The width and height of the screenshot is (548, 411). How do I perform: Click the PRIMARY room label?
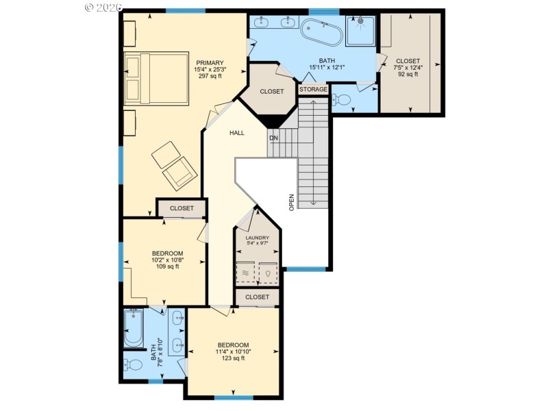coord(210,62)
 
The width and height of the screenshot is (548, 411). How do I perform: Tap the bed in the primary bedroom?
coord(155,77)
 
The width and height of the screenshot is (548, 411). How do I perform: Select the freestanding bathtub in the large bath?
coord(322,32)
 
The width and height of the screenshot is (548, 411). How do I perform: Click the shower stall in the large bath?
coord(360,31)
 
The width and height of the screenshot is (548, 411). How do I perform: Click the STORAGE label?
coord(314,90)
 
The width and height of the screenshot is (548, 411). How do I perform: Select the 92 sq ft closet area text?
coord(408,75)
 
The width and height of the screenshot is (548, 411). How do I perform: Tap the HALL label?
coord(237,133)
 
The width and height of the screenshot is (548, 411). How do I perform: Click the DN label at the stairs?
coord(273,137)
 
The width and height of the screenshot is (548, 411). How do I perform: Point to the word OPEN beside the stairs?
coord(291,201)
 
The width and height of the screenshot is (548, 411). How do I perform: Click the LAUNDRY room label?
coord(257,238)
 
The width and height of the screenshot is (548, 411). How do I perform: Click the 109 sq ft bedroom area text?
coord(164,267)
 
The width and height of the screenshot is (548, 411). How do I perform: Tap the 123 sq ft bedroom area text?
coord(233,358)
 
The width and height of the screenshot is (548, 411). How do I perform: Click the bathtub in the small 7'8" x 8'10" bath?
coord(133,328)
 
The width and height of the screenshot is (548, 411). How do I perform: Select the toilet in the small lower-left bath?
coord(133,364)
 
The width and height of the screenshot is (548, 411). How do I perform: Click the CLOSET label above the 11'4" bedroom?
coord(257,297)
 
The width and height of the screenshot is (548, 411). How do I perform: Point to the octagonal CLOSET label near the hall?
coord(271,92)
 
